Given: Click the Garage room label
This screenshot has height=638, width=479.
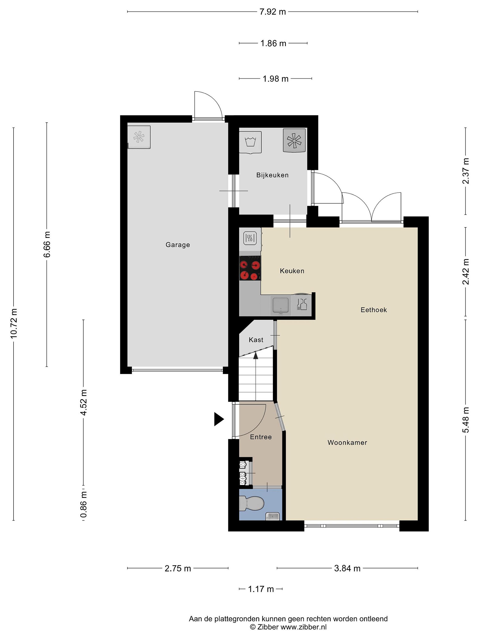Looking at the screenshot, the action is pos(178,245).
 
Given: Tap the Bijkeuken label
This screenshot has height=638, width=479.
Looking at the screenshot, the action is pos(272,175).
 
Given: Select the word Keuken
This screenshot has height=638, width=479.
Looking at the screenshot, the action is pos(292,271).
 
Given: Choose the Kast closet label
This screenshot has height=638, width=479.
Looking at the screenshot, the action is pos(256,340).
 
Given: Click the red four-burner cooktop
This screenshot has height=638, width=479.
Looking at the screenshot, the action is pos(250,268).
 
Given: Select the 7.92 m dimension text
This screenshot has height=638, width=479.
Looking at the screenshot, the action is pos(273,12).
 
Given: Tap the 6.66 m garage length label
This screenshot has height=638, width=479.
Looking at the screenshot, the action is pos(47,244).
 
